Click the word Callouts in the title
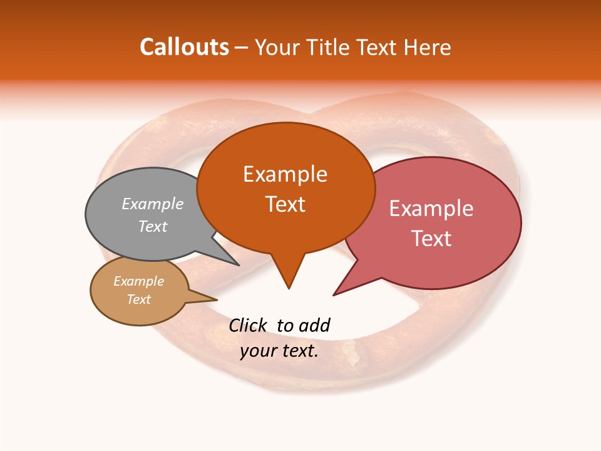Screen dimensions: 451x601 (184, 47)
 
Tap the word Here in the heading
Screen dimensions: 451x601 (428, 47)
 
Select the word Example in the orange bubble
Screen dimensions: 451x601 (285, 174)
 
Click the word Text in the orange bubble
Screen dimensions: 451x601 (285, 204)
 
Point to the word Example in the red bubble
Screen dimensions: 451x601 (431, 209)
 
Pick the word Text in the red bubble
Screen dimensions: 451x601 (431, 239)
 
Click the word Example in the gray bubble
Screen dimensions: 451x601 (153, 204)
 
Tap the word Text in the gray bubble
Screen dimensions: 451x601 (153, 226)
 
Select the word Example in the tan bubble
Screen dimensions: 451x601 (138, 281)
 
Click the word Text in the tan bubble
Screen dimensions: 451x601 (138, 299)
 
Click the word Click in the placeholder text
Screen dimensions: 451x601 (247, 325)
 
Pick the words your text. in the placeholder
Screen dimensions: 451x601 (279, 351)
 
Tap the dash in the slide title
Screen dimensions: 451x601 (242, 48)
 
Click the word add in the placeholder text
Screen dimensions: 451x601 (315, 325)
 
